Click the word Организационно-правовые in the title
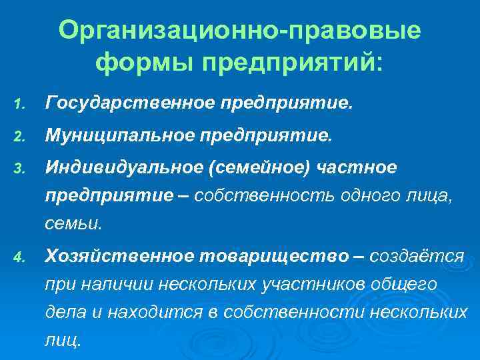[x=239, y=31]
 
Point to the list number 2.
[x=20, y=137]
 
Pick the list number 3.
[x=20, y=169]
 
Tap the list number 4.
[x=20, y=257]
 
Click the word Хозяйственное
[x=119, y=255]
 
